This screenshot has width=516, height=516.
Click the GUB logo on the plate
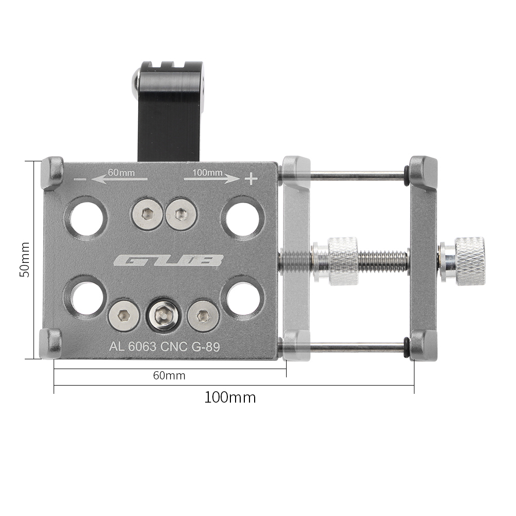tap(168, 261)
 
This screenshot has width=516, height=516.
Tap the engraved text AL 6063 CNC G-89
tap(164, 347)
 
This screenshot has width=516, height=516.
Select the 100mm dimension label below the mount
tap(230, 397)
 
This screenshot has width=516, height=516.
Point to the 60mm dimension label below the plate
tap(169, 376)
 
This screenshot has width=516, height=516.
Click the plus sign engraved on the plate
tap(251, 179)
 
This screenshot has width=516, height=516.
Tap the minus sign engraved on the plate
tap(80, 179)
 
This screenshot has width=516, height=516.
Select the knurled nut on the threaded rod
tap(343, 261)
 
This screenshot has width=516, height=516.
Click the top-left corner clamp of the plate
tap(52, 173)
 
